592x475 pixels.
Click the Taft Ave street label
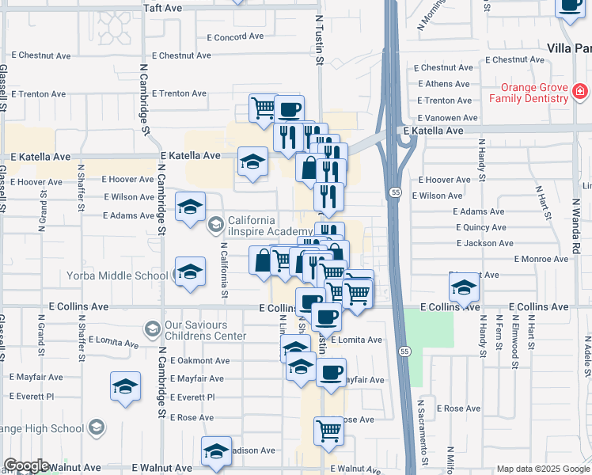pos(163,7)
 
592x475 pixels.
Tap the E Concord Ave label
pos(235,37)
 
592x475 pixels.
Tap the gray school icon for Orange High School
pos(97,428)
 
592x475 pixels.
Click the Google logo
pos(25,465)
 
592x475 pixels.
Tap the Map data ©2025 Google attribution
pos(542,469)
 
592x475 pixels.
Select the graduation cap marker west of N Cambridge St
pos(126,387)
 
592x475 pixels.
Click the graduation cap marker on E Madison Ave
pos(216,452)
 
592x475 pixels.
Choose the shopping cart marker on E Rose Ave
pos(329,431)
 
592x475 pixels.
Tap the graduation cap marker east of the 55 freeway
pos(464,287)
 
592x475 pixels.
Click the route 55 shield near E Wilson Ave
pos(393,192)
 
